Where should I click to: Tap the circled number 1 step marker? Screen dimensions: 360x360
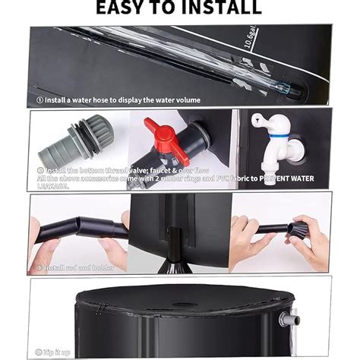pyautogui.click(x=39, y=99)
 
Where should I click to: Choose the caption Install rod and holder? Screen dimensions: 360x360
pyautogui.click(x=75, y=268)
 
